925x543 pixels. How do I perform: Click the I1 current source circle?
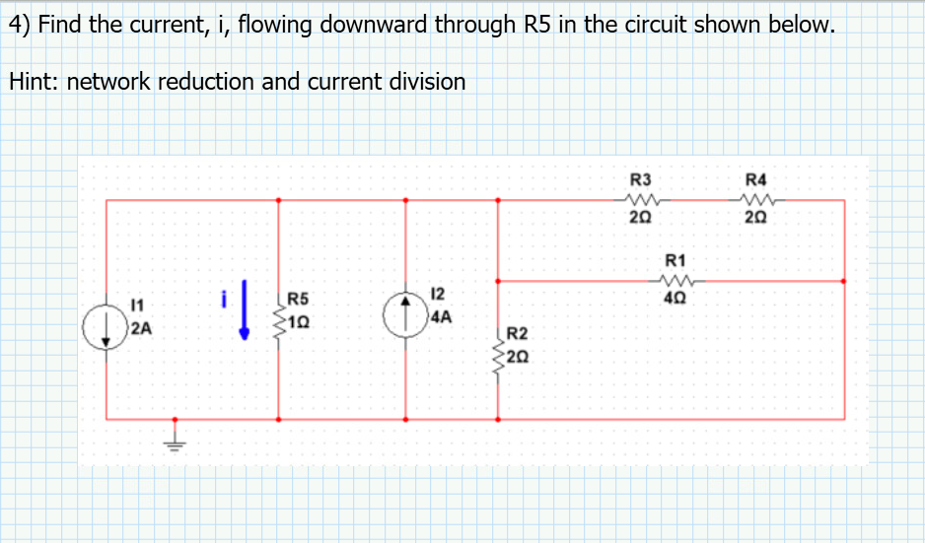(x=107, y=324)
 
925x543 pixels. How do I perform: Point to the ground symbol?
(x=178, y=440)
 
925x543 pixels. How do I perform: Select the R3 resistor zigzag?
(x=641, y=199)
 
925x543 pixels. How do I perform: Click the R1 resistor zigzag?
(x=675, y=280)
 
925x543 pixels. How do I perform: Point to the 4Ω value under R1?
(x=676, y=298)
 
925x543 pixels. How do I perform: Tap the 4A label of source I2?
(x=440, y=317)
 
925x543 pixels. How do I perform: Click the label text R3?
(x=641, y=180)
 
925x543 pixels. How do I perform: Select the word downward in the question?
(x=379, y=25)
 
